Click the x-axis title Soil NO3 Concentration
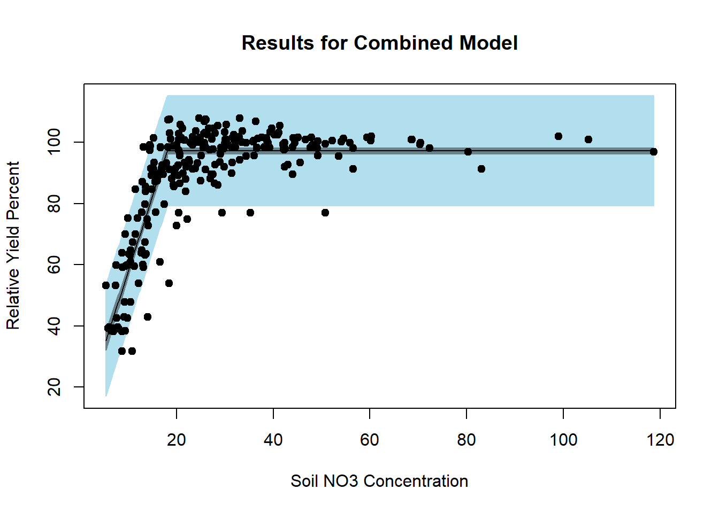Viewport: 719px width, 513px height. (379, 481)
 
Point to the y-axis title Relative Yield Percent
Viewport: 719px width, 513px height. (13, 246)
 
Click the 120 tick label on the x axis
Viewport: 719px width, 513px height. (660, 440)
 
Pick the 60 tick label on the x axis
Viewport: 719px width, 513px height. (370, 440)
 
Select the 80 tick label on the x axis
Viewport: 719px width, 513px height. (466, 440)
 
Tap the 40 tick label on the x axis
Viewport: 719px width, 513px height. (273, 440)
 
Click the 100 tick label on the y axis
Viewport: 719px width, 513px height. (55, 142)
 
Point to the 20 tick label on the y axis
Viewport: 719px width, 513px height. (55, 387)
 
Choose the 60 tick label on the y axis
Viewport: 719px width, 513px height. (55, 265)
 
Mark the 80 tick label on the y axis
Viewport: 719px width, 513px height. (55, 204)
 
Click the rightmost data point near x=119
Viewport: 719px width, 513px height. (653, 152)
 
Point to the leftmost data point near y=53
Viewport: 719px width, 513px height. (106, 285)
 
